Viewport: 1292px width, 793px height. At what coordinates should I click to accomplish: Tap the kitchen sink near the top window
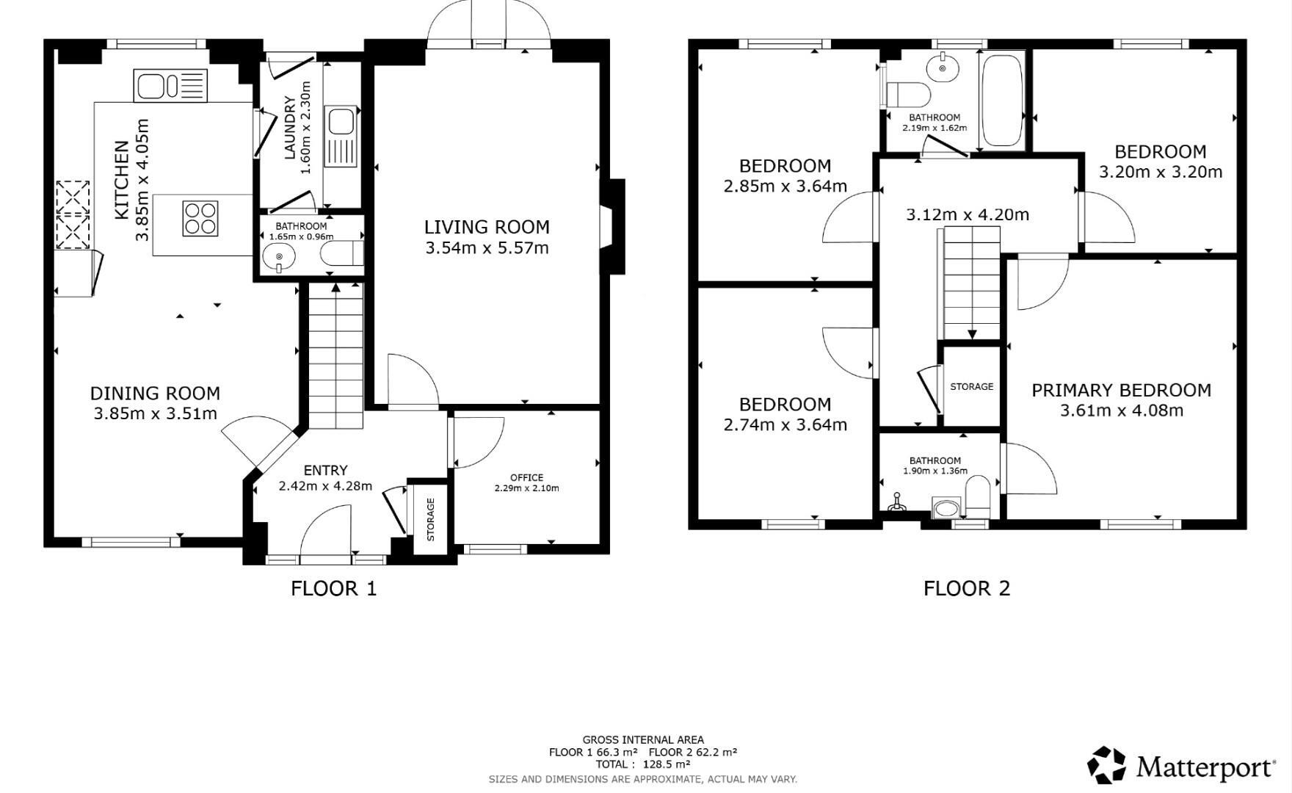170,86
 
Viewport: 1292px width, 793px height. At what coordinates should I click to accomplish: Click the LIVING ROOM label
487,228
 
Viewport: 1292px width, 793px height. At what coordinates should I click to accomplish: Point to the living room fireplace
613,226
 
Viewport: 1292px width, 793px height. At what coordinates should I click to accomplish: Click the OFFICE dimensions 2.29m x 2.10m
526,488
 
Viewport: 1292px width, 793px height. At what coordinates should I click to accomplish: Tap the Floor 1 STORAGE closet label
431,519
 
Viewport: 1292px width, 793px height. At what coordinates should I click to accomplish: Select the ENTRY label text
325,470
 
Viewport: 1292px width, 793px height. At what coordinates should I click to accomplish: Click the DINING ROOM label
155,394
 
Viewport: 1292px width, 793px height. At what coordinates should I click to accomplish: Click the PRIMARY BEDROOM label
1121,391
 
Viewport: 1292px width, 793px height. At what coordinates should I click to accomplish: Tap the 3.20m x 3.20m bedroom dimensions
1160,172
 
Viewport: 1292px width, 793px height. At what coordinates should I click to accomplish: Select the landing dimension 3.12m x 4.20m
967,215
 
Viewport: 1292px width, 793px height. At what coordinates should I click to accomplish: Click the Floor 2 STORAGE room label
971,386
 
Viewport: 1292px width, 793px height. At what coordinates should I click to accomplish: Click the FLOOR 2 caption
966,588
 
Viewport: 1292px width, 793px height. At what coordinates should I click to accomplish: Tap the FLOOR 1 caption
333,588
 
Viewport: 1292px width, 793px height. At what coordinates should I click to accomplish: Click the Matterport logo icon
1106,765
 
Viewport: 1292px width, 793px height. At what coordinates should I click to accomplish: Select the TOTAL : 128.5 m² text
642,764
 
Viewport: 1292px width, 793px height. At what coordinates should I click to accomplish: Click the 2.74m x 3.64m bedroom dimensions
785,425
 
